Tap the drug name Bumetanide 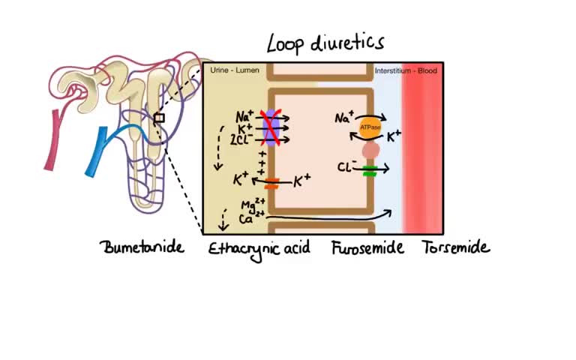(142, 247)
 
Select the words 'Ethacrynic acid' (259, 248)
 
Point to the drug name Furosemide (367, 247)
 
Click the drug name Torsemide (455, 247)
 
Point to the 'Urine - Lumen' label (234, 70)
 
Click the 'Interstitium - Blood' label (406, 70)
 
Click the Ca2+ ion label (247, 219)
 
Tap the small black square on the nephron (159, 118)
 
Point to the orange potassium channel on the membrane (271, 182)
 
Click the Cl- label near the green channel (346, 166)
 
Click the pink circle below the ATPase (370, 151)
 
